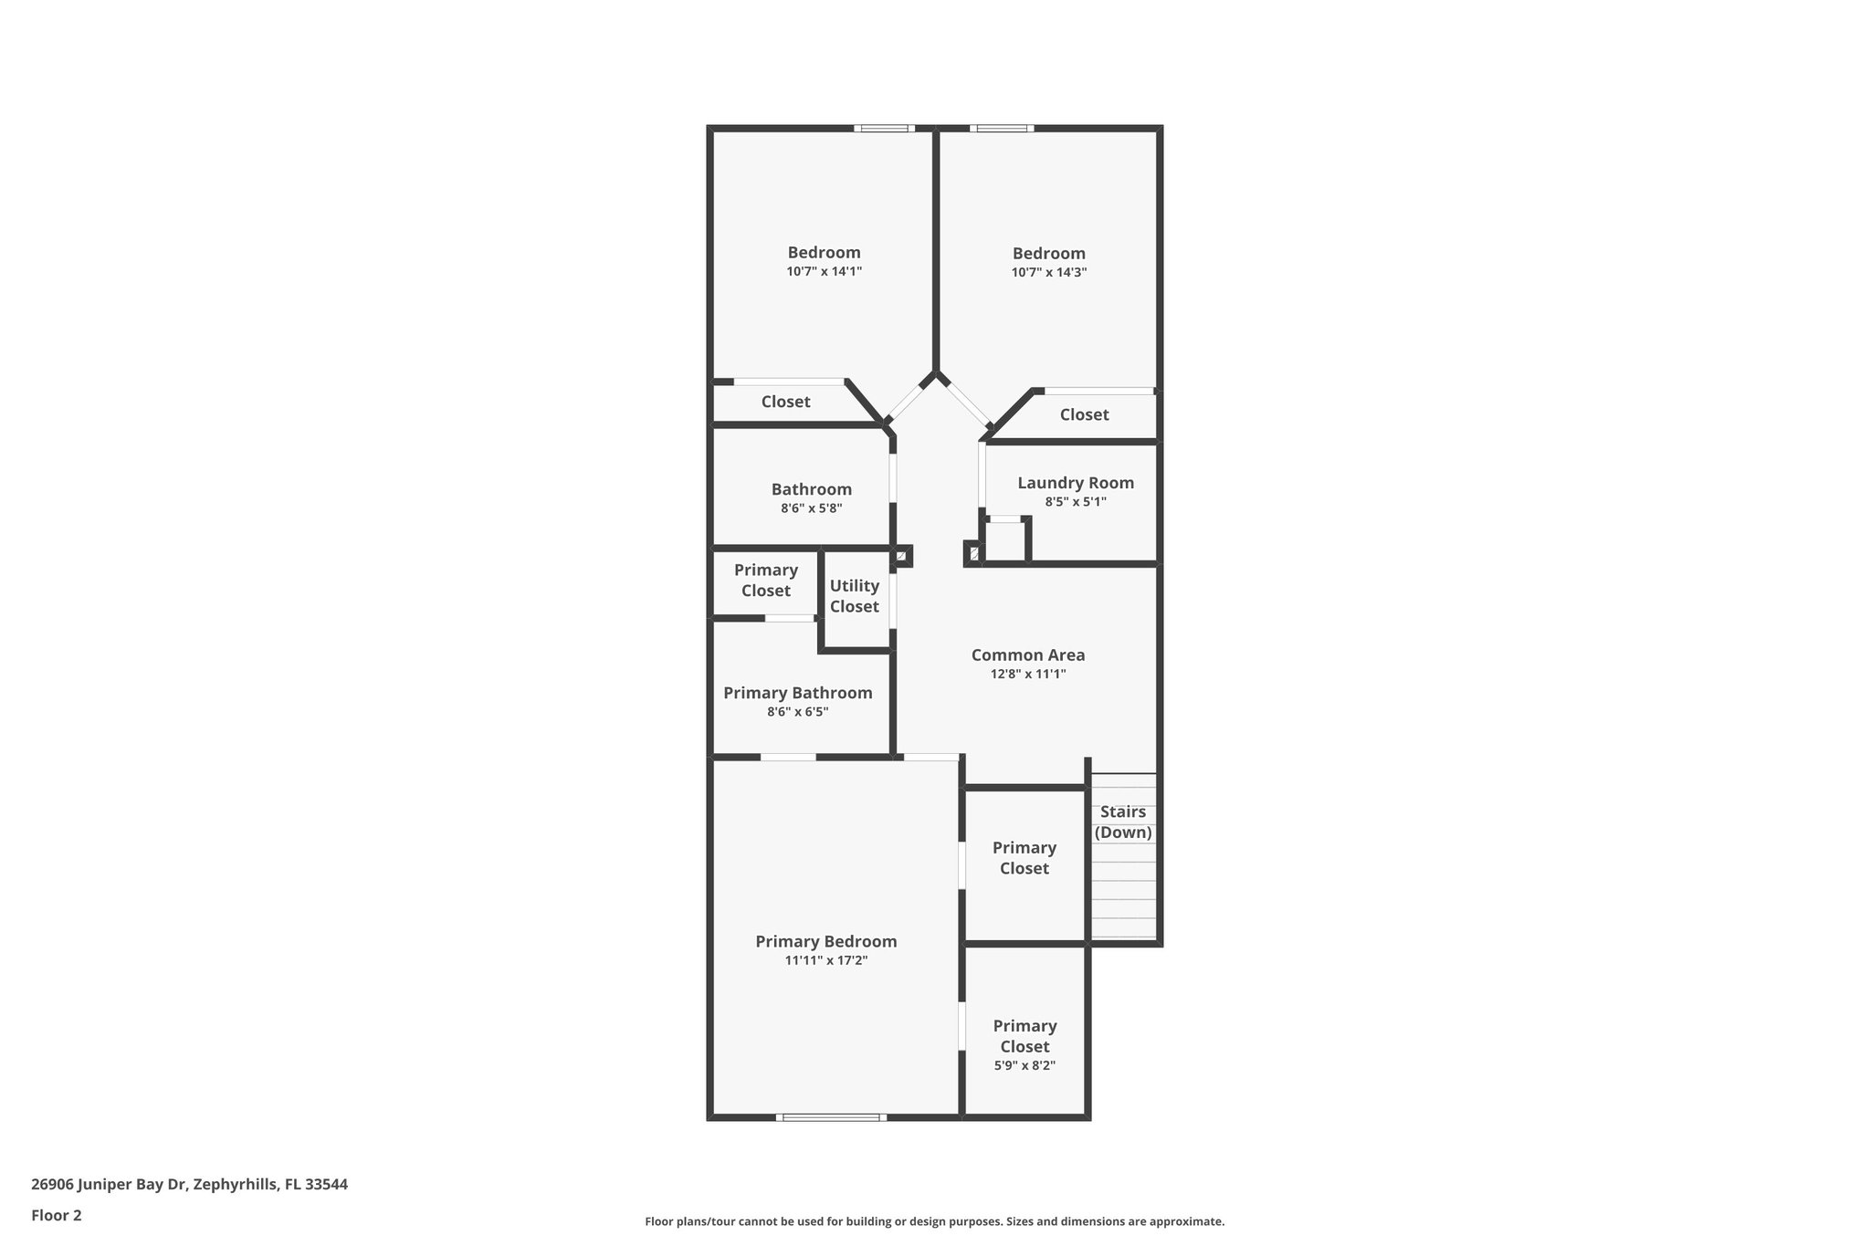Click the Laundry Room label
click(x=1076, y=483)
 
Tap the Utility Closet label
click(x=854, y=596)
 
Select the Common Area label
click(x=1028, y=654)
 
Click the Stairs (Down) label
click(x=1123, y=822)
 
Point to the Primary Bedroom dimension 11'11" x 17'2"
click(x=825, y=960)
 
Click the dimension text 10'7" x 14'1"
click(x=824, y=271)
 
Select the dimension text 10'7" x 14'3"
click(x=1048, y=272)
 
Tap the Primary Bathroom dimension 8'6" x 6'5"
click(x=797, y=712)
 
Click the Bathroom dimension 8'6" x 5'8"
click(x=811, y=508)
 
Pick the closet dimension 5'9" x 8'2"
click(x=1024, y=1065)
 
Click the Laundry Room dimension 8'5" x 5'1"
click(x=1076, y=501)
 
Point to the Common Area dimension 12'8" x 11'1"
click(x=1028, y=675)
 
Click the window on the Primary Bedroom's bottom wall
click(x=831, y=1116)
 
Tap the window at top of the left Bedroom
click(x=884, y=129)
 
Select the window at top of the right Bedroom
click(x=1002, y=129)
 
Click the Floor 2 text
click(x=57, y=1215)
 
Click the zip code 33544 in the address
click(x=326, y=1184)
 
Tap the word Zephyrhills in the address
click(x=235, y=1184)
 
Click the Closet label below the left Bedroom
click(x=785, y=402)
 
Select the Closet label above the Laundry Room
click(x=1084, y=414)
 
